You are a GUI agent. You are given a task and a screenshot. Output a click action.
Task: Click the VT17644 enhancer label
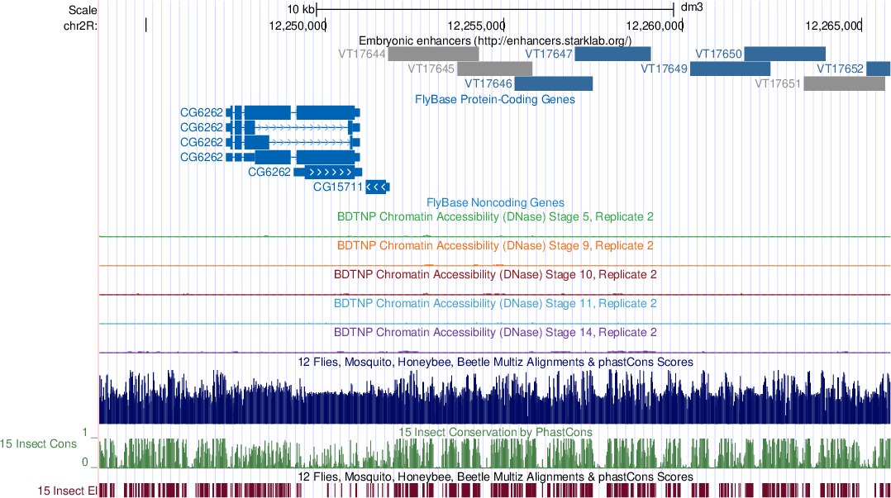click(362, 55)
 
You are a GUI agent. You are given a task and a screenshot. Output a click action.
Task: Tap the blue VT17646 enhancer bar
click(553, 83)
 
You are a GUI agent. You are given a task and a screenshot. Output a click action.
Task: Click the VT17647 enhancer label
click(549, 55)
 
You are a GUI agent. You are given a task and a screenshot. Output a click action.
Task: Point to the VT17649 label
click(664, 69)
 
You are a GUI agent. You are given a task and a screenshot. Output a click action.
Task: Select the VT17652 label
click(840, 69)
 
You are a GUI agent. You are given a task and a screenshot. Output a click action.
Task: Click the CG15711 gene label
click(338, 187)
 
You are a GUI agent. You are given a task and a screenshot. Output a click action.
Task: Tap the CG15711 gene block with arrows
click(377, 187)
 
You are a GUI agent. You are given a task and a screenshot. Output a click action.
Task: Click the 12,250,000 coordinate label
click(298, 26)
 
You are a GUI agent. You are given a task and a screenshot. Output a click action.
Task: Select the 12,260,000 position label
click(654, 26)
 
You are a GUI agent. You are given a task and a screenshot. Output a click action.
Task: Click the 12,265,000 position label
click(832, 26)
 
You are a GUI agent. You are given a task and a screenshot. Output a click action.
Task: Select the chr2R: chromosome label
click(80, 26)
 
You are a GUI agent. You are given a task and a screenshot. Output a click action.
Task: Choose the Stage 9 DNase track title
click(495, 246)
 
